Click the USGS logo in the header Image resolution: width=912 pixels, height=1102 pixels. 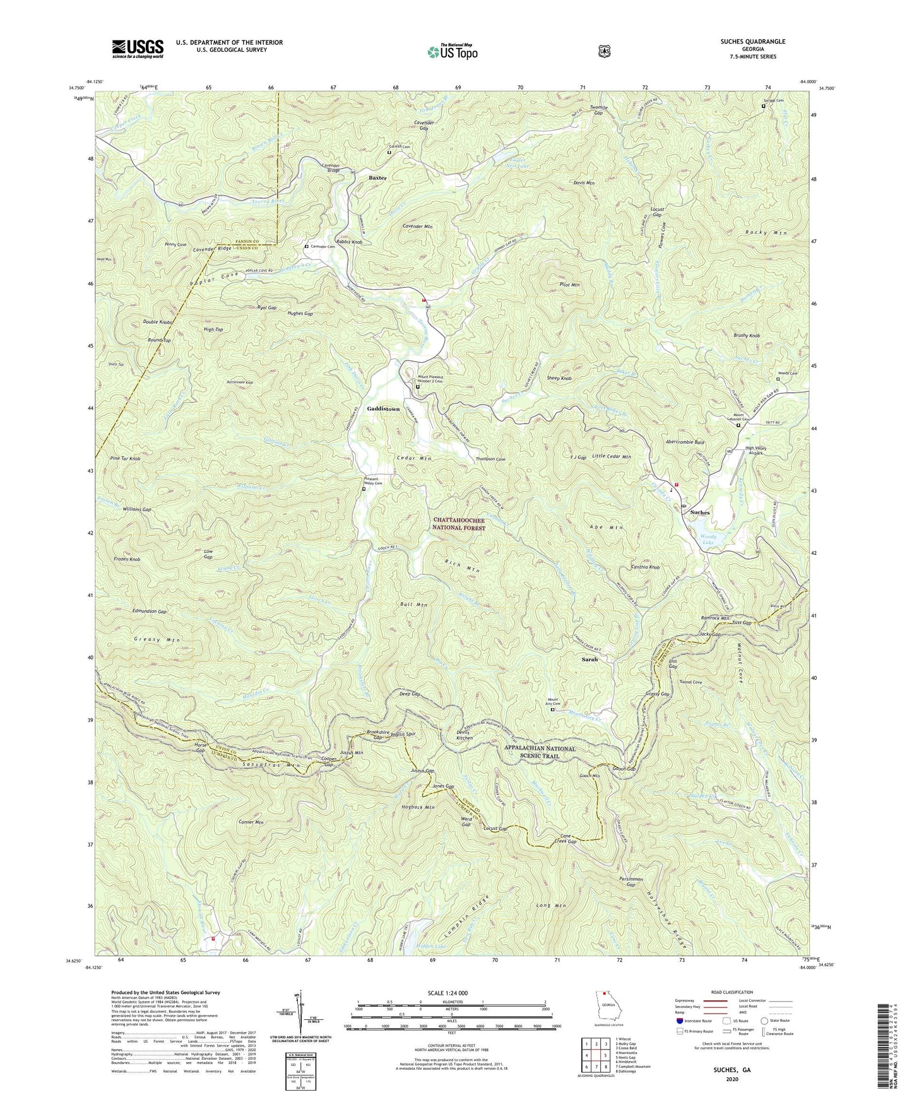[138, 49]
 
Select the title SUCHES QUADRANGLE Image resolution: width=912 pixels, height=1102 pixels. [750, 42]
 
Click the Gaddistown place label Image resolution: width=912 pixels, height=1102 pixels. [383, 409]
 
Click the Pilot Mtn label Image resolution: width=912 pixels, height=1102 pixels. [569, 285]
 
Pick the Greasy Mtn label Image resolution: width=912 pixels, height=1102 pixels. [157, 639]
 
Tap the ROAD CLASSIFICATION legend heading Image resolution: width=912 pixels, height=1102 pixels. [732, 993]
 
